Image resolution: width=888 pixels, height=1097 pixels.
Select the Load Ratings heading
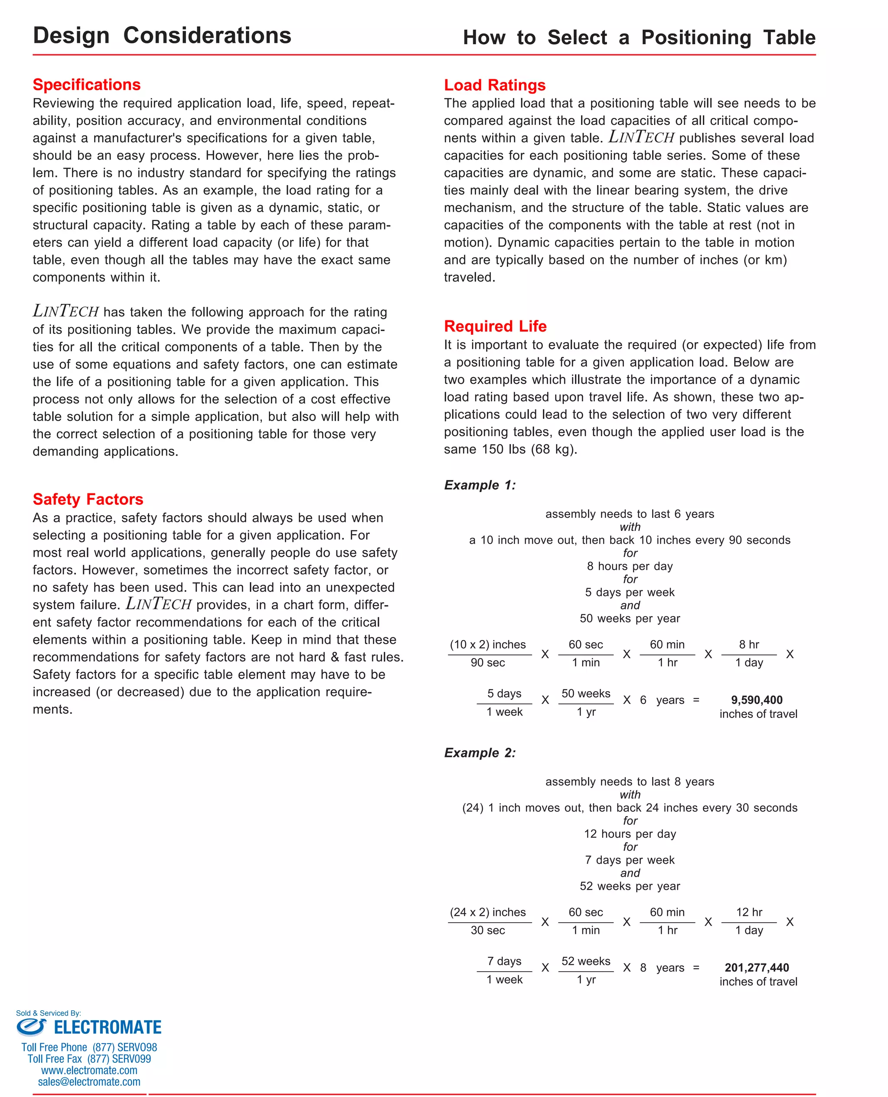[494, 85]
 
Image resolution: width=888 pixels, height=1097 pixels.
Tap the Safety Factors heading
[88, 499]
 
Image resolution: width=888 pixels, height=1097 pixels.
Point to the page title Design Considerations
[162, 36]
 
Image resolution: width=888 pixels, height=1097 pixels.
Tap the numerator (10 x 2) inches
[487, 644]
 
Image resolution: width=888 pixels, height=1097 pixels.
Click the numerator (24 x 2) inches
[487, 912]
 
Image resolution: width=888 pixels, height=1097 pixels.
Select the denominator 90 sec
[487, 663]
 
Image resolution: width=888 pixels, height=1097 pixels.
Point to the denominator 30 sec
[487, 930]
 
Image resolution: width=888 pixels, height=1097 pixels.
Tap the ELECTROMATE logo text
[107, 1028]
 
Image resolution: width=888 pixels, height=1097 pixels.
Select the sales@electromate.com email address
[89, 1082]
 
